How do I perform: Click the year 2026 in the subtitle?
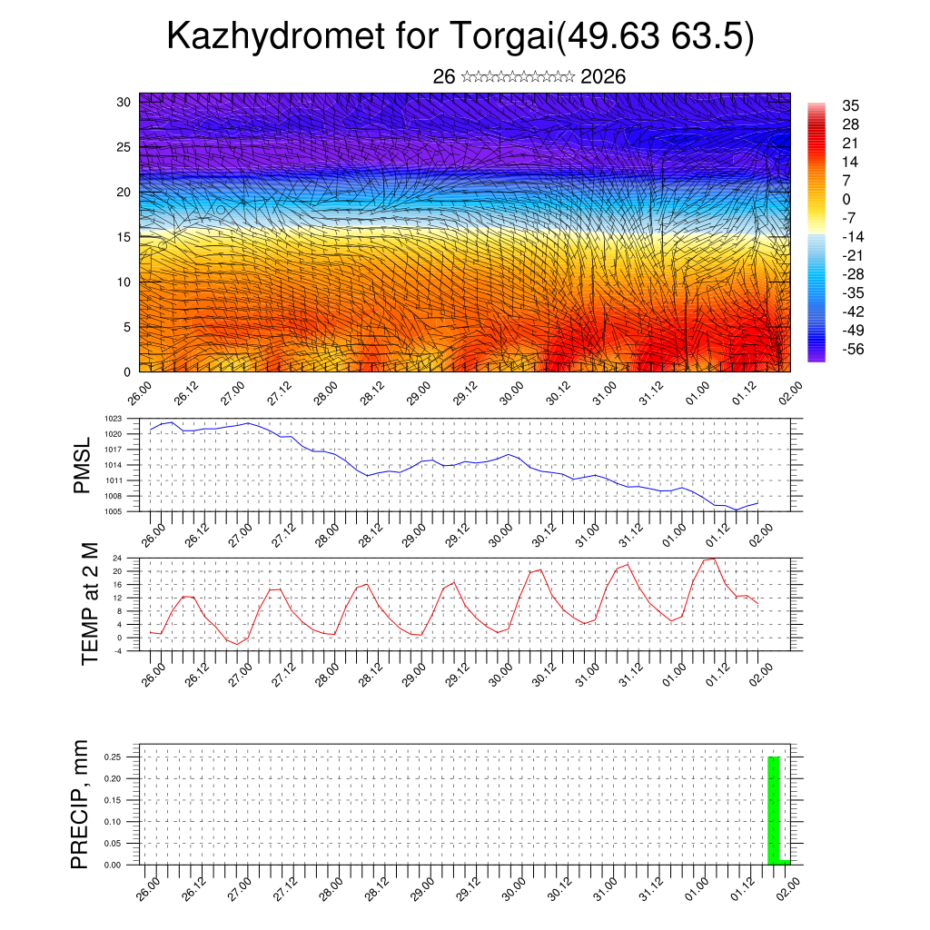coord(603,77)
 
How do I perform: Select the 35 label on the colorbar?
coord(851,105)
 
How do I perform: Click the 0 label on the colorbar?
coord(846,199)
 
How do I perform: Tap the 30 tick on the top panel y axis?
coord(124,102)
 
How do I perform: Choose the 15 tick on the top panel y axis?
coord(124,237)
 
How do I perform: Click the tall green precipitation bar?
coord(774,808)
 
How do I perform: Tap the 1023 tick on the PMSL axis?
coord(113,419)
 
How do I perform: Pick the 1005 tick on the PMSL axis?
coord(113,511)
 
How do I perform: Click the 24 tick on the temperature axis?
coord(117,558)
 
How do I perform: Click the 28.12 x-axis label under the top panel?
coord(374,396)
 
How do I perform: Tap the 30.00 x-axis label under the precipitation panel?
coord(513,891)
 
